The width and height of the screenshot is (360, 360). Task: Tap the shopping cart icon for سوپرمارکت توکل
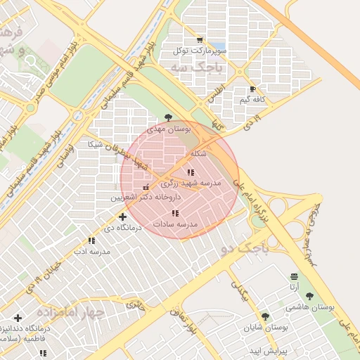click(200, 40)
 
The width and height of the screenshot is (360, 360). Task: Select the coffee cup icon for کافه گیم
click(253, 89)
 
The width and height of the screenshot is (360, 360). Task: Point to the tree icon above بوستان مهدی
click(167, 117)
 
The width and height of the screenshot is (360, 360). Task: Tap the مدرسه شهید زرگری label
click(191, 183)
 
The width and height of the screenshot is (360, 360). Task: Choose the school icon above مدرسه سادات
click(175, 213)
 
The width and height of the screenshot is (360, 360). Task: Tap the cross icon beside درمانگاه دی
click(122, 217)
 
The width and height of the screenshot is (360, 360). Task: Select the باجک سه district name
click(195, 69)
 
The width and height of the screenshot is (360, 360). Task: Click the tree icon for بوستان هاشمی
click(309, 296)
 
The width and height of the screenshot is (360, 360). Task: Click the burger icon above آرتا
click(293, 276)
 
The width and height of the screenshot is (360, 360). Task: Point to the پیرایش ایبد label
click(269, 349)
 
